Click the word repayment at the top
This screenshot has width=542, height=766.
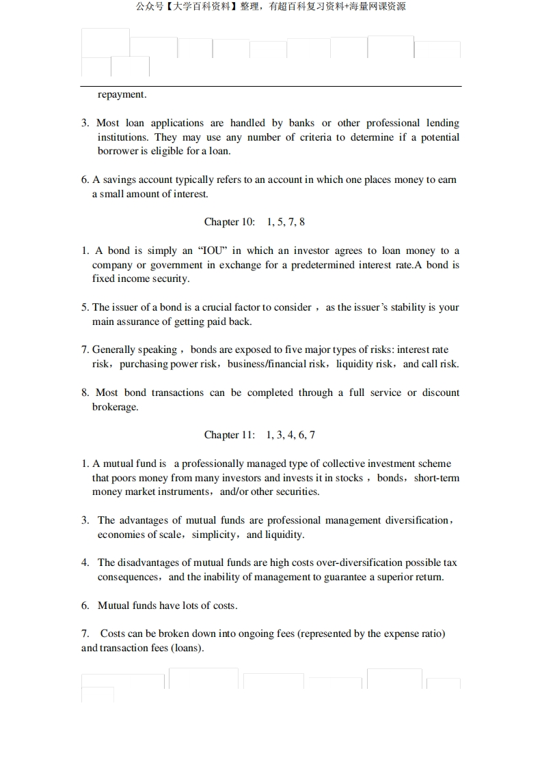(x=122, y=94)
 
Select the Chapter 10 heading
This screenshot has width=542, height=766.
(x=230, y=222)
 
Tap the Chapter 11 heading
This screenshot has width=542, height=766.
(x=230, y=435)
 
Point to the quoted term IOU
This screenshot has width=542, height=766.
(x=213, y=251)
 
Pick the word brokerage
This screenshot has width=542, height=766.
(x=115, y=407)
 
